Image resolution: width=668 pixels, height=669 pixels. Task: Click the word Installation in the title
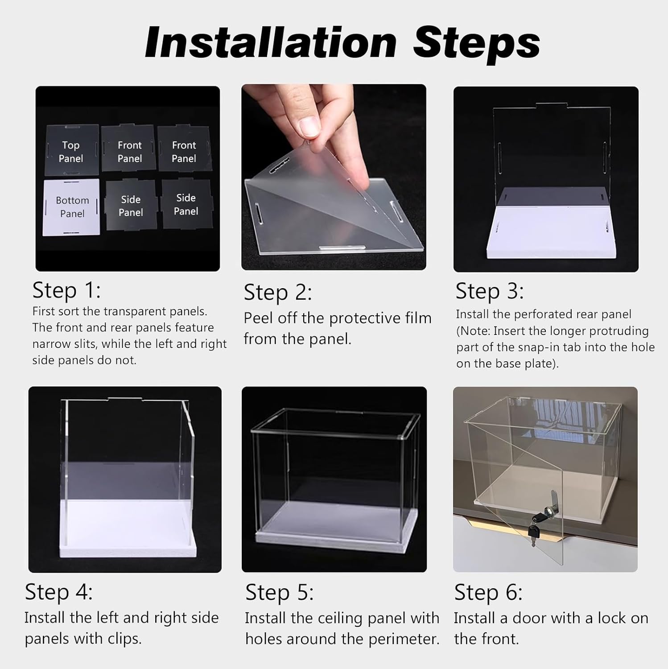point(271,43)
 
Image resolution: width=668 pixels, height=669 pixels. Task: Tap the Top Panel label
point(71,152)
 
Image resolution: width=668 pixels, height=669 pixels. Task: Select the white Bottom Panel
point(72,207)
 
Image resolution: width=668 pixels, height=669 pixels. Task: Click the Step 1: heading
point(67,290)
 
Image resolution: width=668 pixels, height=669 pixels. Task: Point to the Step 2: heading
point(278,293)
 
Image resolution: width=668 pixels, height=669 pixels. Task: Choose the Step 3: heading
point(490,291)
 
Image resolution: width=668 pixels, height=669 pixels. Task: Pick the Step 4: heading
point(59,592)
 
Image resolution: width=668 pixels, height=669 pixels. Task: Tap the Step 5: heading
point(280,593)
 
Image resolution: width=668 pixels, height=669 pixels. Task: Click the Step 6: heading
point(488,593)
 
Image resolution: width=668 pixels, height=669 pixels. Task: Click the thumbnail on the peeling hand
point(309,126)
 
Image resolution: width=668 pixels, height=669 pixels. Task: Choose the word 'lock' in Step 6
point(613,618)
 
